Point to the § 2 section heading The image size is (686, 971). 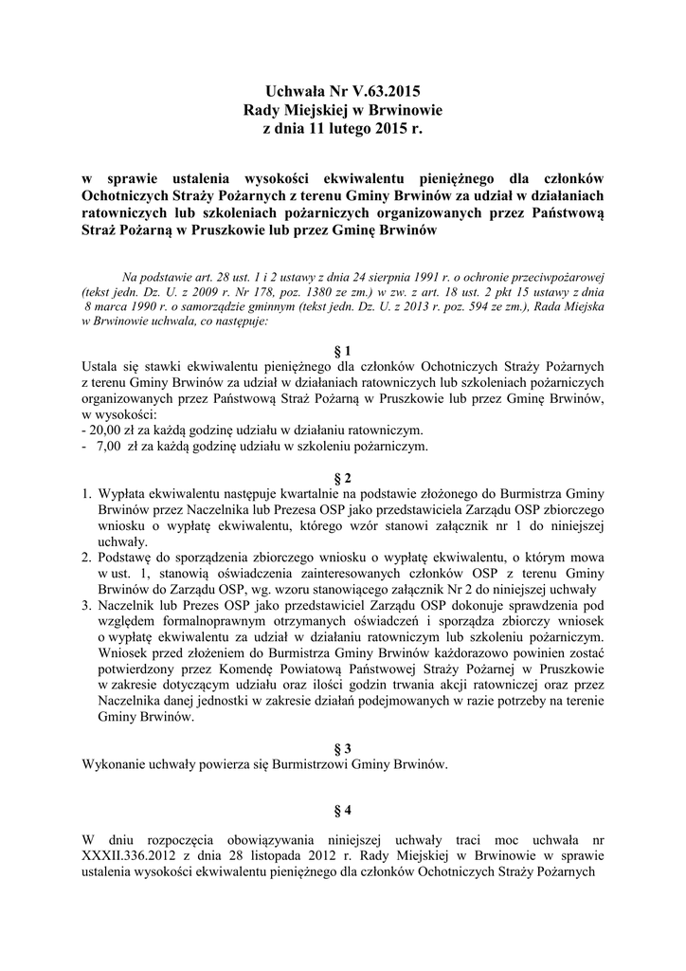tap(343, 477)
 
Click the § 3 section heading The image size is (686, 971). tap(343, 748)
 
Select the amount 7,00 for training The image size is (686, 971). tap(110, 445)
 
